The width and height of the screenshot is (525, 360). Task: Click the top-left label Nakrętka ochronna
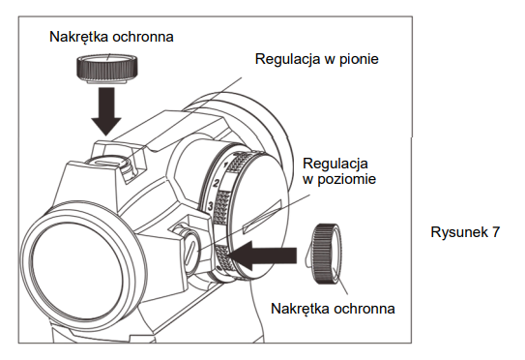pos(111,37)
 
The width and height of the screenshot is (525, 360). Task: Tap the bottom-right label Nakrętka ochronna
pos(333,309)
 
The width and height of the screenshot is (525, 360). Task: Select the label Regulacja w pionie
pos(317,59)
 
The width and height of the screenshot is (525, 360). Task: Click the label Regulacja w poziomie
pos(339,171)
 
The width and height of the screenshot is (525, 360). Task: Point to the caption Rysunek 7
pos(465,232)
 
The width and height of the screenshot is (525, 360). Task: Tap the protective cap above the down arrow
pos(107,69)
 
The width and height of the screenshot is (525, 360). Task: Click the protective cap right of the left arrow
pos(326,254)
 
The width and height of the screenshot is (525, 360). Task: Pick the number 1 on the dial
pos(225,165)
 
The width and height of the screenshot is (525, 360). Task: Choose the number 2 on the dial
pos(217,183)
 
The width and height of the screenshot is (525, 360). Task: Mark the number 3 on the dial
pos(210,206)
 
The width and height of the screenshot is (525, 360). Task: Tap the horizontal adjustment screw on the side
pos(190,252)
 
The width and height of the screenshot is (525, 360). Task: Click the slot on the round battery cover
pos(262,217)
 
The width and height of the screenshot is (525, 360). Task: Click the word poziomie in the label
pos(346,179)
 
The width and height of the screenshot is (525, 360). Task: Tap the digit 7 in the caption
pos(496,232)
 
